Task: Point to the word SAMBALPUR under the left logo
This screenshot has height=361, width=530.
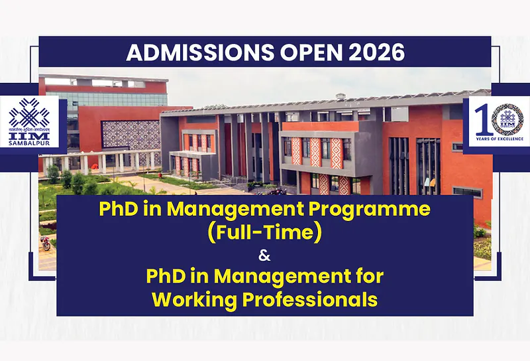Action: (30, 142)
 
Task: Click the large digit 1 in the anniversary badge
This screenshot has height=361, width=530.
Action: (483, 118)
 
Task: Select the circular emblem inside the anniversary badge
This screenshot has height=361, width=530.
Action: (508, 117)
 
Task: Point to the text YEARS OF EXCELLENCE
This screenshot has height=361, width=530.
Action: (498, 139)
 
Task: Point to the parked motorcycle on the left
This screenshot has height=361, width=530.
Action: (45, 242)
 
